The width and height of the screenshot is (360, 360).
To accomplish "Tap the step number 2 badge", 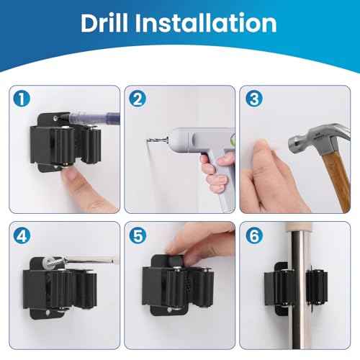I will click(x=136, y=97).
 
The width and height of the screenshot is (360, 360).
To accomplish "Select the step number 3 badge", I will click(x=252, y=97).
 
